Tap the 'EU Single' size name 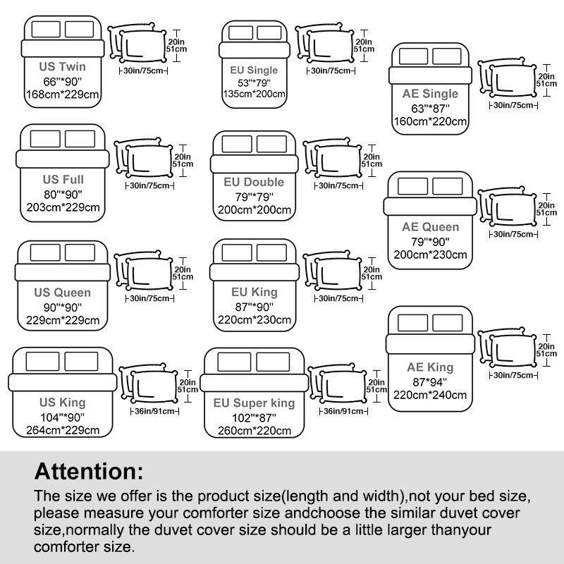pos(254,70)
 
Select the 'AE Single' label pos(430,94)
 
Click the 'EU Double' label pos(253,183)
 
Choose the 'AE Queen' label pos(430,227)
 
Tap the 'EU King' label pos(254,292)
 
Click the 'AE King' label pos(430,367)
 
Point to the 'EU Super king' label pos(255,403)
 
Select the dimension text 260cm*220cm pos(254,430)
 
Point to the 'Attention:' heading pos(89,470)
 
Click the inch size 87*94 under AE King pos(430,381)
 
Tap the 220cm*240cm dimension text pos(430,395)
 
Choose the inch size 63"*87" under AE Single pos(430,108)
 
